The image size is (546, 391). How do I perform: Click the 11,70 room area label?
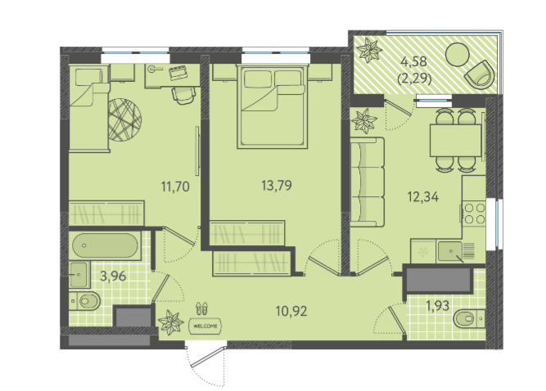tap(175, 187)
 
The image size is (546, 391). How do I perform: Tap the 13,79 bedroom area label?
tap(277, 186)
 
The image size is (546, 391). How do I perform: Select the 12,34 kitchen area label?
tap(423, 197)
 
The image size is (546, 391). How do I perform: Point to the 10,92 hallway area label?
tap(291, 311)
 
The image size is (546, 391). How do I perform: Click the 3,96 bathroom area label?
tap(113, 276)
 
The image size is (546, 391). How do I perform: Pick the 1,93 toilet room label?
tap(438, 306)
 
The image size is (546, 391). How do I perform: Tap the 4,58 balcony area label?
tap(414, 61)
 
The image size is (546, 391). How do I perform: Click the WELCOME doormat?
tap(205, 326)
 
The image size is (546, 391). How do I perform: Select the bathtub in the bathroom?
tap(105, 245)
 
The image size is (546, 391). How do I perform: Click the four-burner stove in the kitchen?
tap(475, 213)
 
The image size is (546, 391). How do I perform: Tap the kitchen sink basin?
tap(450, 251)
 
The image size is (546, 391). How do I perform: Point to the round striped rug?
tap(124, 119)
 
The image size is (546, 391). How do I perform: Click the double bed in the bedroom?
tap(273, 106)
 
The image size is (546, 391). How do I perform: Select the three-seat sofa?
tap(368, 182)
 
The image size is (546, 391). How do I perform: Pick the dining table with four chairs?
tap(456, 140)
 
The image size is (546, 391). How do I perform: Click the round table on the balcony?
tap(458, 54)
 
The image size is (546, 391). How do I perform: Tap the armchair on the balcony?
tap(480, 74)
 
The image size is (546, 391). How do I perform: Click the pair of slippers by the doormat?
tap(201, 308)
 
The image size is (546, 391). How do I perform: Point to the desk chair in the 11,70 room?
tap(183, 95)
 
